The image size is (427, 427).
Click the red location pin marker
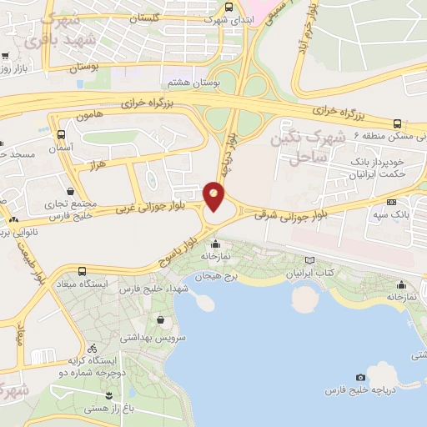point(214,195)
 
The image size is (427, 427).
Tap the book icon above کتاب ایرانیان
point(310,260)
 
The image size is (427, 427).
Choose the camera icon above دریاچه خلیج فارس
point(360,378)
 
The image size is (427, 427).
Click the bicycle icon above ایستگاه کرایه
point(93,348)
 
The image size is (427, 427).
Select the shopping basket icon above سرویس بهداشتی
point(159,319)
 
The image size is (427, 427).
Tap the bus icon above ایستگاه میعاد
point(82,271)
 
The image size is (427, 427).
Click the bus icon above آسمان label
point(62,133)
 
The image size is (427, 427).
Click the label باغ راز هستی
point(127,409)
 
